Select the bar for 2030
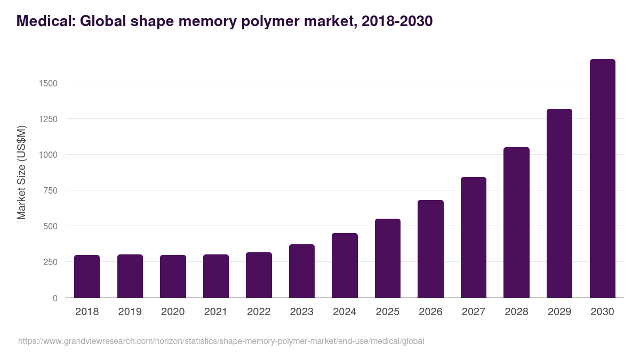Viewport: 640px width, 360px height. coord(602,179)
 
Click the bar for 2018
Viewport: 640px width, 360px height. coord(87,276)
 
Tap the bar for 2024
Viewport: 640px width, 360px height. coord(345,266)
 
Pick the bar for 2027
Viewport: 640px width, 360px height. coord(474,237)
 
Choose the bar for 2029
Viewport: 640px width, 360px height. coord(559,203)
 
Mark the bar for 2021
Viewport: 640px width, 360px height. coord(216,276)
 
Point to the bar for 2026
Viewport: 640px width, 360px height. coord(430,249)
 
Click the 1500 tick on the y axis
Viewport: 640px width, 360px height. coord(47,83)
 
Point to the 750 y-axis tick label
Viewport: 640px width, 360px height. coord(50,190)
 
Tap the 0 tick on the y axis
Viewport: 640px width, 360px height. coord(54,298)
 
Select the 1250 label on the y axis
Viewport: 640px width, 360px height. coord(47,119)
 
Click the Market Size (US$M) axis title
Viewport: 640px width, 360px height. coord(21,172)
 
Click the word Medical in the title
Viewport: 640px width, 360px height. coord(46,21)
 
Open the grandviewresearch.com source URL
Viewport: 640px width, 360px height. coord(221,341)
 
